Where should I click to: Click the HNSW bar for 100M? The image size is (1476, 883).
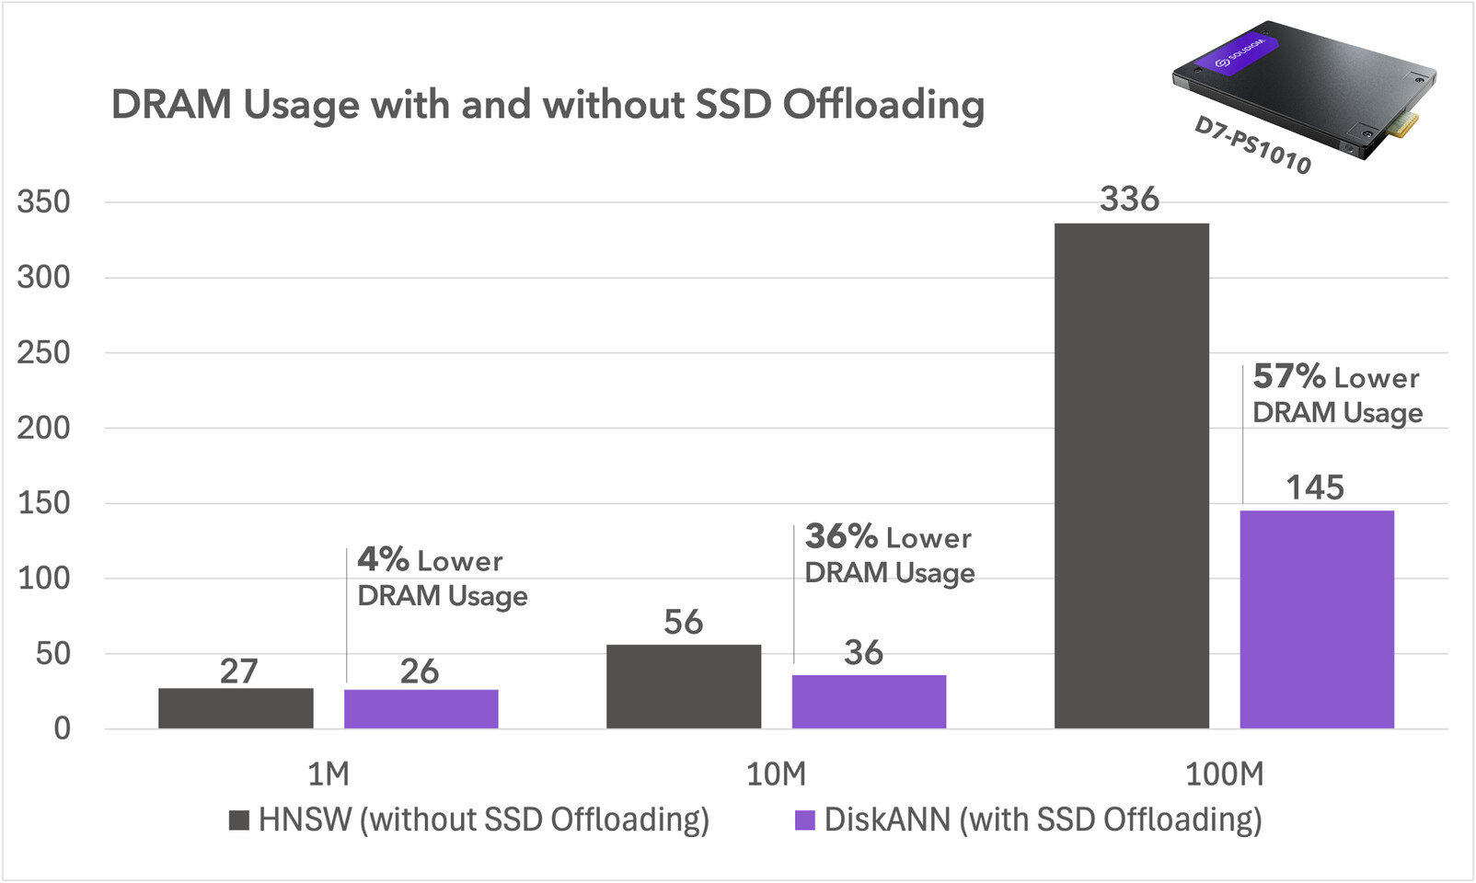[1131, 476]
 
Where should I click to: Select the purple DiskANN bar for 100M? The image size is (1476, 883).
[1317, 619]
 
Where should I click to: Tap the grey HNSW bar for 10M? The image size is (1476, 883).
[684, 686]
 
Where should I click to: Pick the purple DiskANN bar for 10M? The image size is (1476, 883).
[869, 702]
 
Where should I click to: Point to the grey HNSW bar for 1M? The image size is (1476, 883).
[236, 708]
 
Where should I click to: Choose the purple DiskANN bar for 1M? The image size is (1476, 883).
[421, 709]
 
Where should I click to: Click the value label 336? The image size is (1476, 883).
[1129, 200]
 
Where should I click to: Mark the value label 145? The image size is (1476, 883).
[1314, 487]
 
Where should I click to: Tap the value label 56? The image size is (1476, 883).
[683, 623]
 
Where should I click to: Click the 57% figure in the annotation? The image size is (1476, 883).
[1288, 376]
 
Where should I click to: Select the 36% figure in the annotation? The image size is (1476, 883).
[841, 536]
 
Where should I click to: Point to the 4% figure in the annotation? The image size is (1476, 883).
[383, 559]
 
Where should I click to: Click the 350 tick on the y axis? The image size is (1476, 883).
[43, 202]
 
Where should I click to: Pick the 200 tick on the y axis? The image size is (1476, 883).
[43, 428]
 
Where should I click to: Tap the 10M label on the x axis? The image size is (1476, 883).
[775, 774]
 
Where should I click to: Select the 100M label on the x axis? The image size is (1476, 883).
[1224, 774]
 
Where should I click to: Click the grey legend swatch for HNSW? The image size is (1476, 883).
[239, 820]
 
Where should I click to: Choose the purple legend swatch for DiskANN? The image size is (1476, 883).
[805, 820]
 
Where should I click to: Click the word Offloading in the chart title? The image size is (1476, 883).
[883, 105]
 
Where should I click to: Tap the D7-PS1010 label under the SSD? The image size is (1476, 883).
[1251, 145]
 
